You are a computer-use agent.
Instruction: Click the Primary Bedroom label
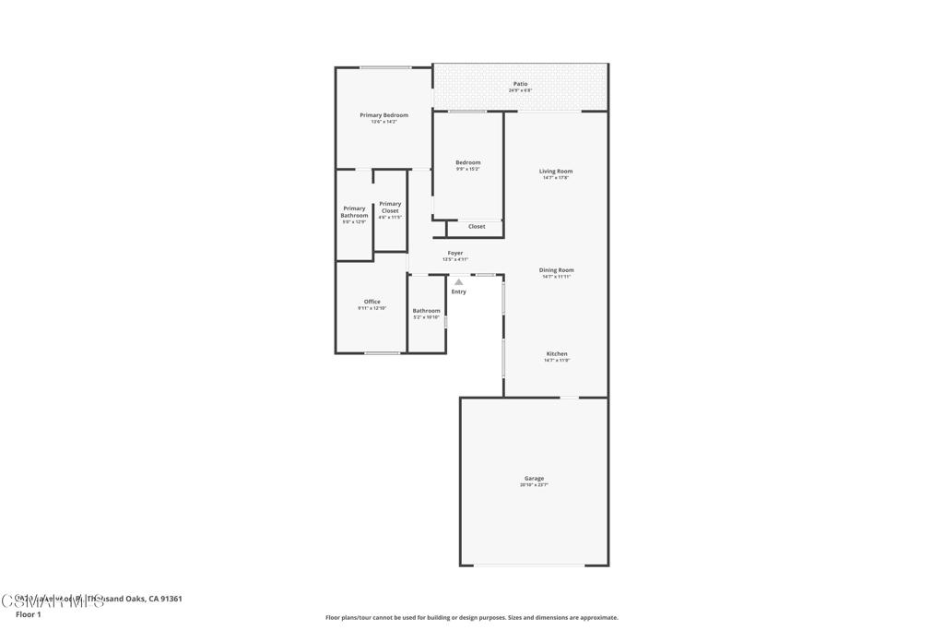pyautogui.click(x=383, y=115)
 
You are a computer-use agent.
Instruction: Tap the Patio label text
pyautogui.click(x=521, y=84)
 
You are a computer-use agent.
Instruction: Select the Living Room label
pyautogui.click(x=556, y=172)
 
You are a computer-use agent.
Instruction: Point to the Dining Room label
pyautogui.click(x=556, y=270)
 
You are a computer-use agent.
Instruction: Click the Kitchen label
pyautogui.click(x=557, y=354)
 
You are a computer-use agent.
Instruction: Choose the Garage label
pyautogui.click(x=534, y=478)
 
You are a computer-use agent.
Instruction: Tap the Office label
pyautogui.click(x=372, y=302)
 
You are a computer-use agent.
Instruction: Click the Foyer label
pyautogui.click(x=455, y=253)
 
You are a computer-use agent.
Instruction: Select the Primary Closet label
pyautogui.click(x=390, y=208)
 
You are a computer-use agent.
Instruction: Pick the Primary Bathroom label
pyautogui.click(x=354, y=212)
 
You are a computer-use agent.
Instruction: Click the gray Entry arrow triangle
pyautogui.click(x=458, y=281)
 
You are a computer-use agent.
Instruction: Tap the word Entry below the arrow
pyautogui.click(x=458, y=291)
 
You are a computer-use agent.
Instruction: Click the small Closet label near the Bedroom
pyautogui.click(x=477, y=226)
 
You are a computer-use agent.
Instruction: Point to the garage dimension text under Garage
pyautogui.click(x=534, y=484)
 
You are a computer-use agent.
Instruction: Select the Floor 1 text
pyautogui.click(x=29, y=614)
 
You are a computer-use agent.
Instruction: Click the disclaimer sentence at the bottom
pyautogui.click(x=471, y=618)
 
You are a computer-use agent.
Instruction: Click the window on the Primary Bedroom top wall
pyautogui.click(x=385, y=67)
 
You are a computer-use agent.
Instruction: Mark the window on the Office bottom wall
pyautogui.click(x=382, y=353)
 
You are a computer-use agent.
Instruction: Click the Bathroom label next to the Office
pyautogui.click(x=426, y=311)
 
